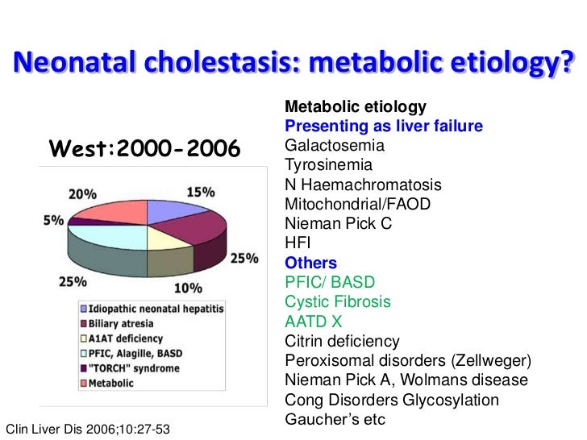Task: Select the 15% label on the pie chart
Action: (201, 192)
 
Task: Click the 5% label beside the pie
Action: (53, 219)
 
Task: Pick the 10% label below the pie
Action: (187, 288)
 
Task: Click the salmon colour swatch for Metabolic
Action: (85, 383)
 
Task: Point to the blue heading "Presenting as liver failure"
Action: (384, 127)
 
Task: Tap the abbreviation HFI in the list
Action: (298, 243)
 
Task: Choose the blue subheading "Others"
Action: (311, 263)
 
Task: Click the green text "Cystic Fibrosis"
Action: (338, 301)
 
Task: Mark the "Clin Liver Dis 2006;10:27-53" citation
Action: (88, 428)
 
